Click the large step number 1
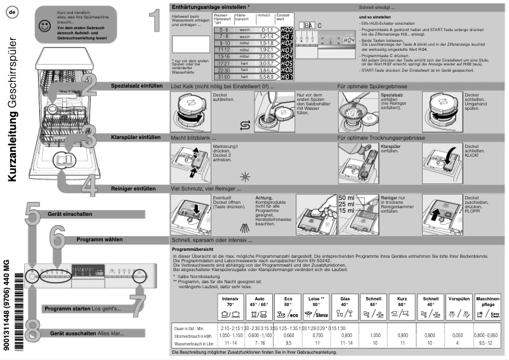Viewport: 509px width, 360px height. pyautogui.click(x=150, y=22)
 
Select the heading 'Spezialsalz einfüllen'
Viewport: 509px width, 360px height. pyautogui.click(x=136, y=84)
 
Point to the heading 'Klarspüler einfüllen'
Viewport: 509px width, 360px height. pyautogui.click(x=136, y=137)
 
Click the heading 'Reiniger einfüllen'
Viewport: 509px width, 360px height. pyautogui.click(x=137, y=189)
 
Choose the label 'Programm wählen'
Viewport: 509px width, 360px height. pyautogui.click(x=100, y=240)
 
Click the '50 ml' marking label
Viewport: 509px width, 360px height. pyautogui.click(x=347, y=198)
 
